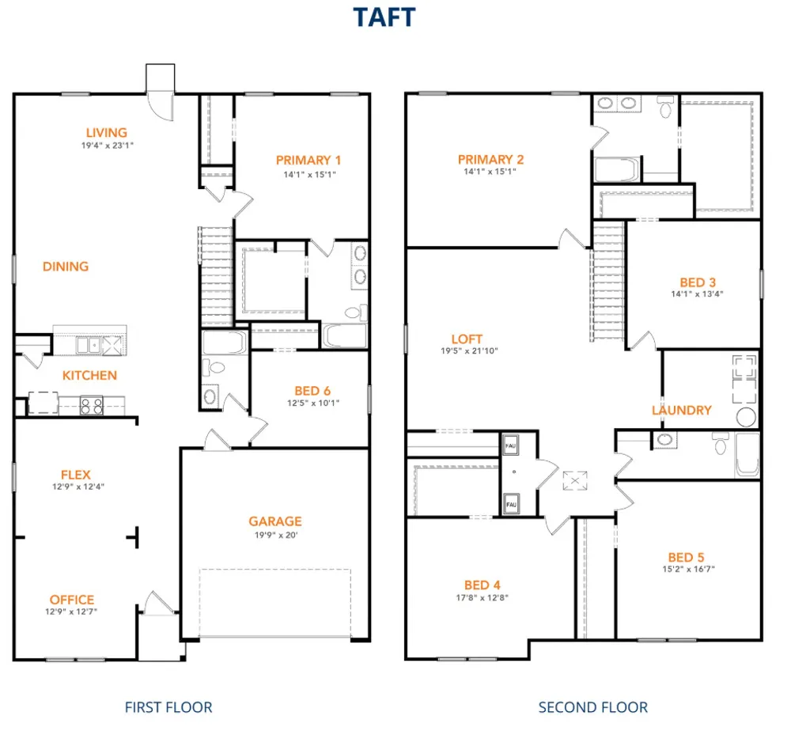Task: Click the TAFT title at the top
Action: [x=384, y=17]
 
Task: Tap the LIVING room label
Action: [x=107, y=133]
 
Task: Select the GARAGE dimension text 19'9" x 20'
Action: [x=276, y=536]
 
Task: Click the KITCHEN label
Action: [x=90, y=375]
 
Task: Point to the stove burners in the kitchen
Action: [x=92, y=406]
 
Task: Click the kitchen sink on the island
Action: [x=89, y=346]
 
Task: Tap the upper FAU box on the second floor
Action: [x=510, y=445]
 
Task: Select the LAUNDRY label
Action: [x=682, y=410]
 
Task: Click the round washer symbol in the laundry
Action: [x=746, y=417]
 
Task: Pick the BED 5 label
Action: [x=686, y=558]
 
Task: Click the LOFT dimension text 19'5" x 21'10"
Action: [x=469, y=351]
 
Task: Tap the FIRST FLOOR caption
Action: [x=168, y=707]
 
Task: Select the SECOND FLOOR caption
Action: [x=593, y=707]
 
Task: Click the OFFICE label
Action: [x=72, y=600]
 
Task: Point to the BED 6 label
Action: [x=312, y=391]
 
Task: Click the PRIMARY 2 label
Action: [x=491, y=159]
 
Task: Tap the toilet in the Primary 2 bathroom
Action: [x=666, y=107]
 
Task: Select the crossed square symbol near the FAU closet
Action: [x=575, y=480]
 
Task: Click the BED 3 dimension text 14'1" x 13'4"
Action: [x=697, y=294]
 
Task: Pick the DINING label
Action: [x=66, y=267]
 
